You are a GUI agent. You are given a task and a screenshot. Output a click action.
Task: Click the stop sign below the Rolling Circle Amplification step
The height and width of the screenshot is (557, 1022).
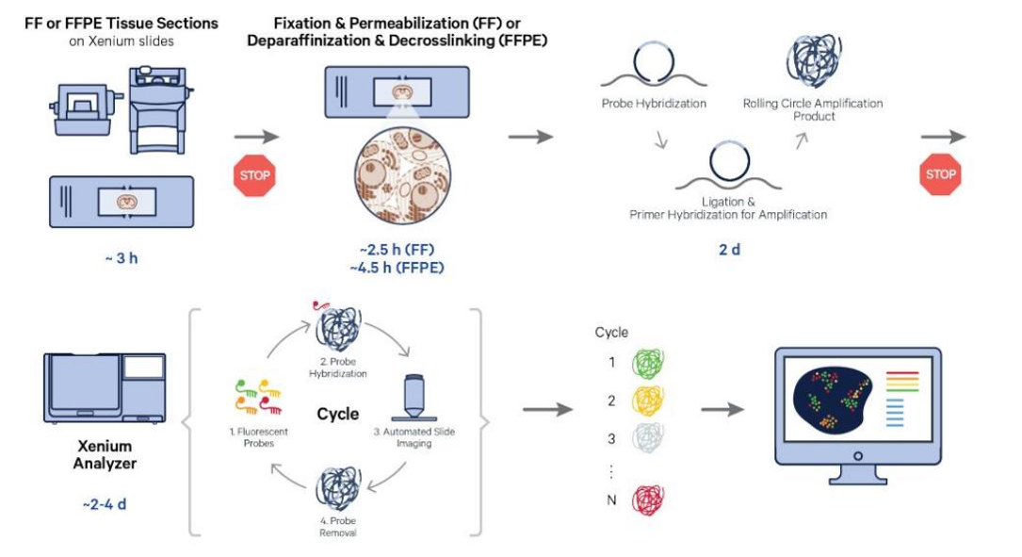(940, 174)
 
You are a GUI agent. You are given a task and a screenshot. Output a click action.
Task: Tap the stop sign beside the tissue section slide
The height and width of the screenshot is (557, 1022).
(255, 175)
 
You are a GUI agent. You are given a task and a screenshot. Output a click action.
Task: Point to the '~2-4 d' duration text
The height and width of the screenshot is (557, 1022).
(104, 503)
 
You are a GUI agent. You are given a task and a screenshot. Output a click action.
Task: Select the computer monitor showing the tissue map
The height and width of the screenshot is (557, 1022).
(856, 405)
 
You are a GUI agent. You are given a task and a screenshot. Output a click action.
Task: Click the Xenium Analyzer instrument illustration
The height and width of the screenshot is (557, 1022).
(104, 387)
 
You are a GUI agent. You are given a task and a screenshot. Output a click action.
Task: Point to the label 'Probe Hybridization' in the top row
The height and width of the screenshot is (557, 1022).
(654, 104)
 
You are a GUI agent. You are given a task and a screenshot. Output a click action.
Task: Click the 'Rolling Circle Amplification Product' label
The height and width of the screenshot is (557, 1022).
(813, 109)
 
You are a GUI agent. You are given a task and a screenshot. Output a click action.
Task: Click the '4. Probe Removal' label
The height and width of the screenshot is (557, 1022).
(337, 527)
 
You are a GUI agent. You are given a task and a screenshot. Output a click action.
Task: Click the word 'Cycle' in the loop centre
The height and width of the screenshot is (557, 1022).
(337, 414)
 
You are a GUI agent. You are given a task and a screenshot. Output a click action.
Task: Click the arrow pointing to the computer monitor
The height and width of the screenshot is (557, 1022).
(722, 410)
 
